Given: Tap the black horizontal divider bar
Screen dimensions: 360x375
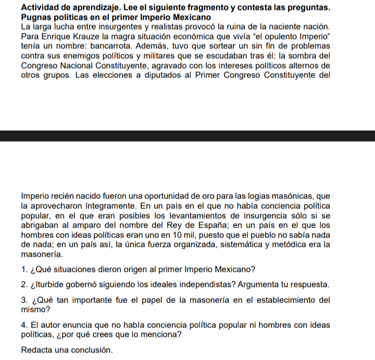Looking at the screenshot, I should click(187, 136).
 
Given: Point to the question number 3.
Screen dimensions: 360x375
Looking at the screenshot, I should click(24, 300).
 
